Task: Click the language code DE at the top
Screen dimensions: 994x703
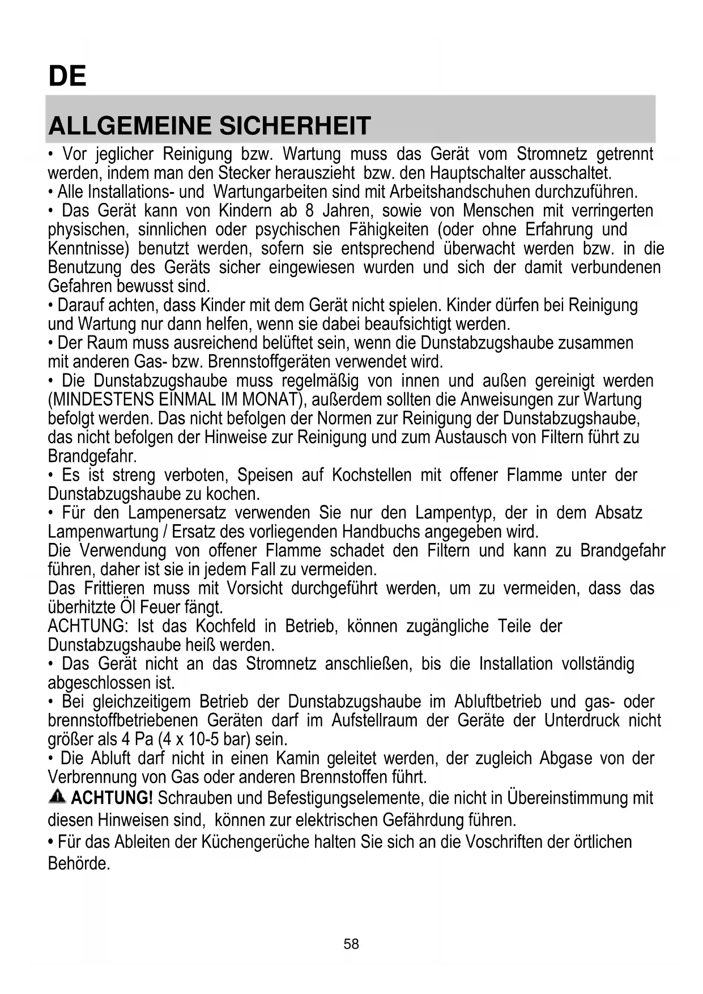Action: tap(67, 76)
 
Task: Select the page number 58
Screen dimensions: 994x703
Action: tap(351, 944)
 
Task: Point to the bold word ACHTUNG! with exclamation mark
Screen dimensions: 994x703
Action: tap(112, 798)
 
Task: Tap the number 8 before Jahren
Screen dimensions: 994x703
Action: tap(309, 211)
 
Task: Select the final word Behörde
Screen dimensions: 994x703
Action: tap(79, 864)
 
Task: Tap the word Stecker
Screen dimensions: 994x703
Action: tap(246, 173)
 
